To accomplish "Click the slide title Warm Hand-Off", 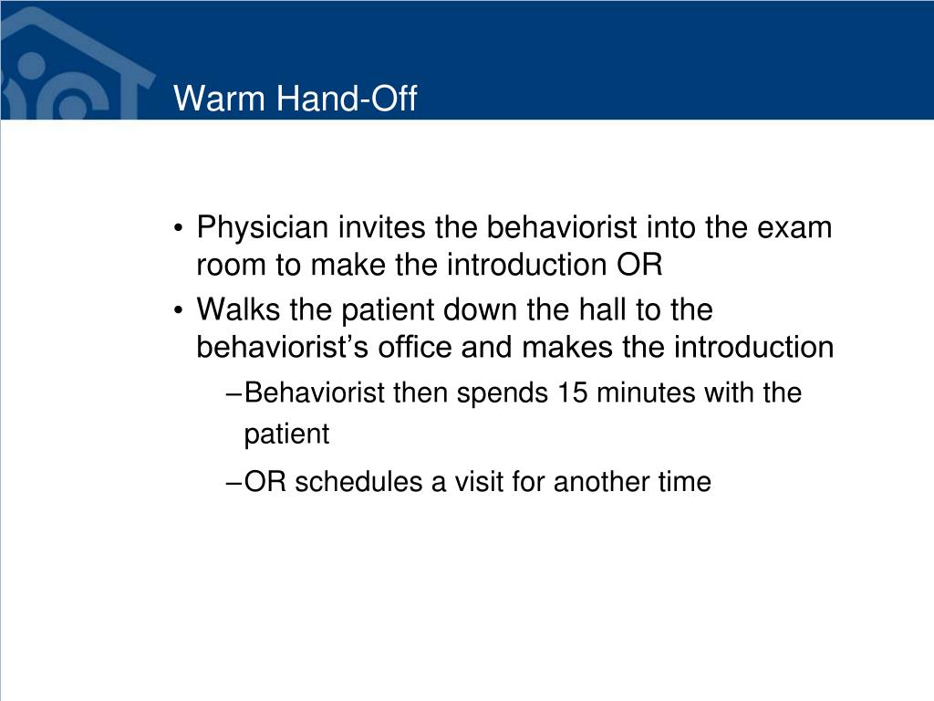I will click(295, 98).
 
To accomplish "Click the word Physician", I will click(262, 227).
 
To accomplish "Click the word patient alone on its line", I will click(285, 435).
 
